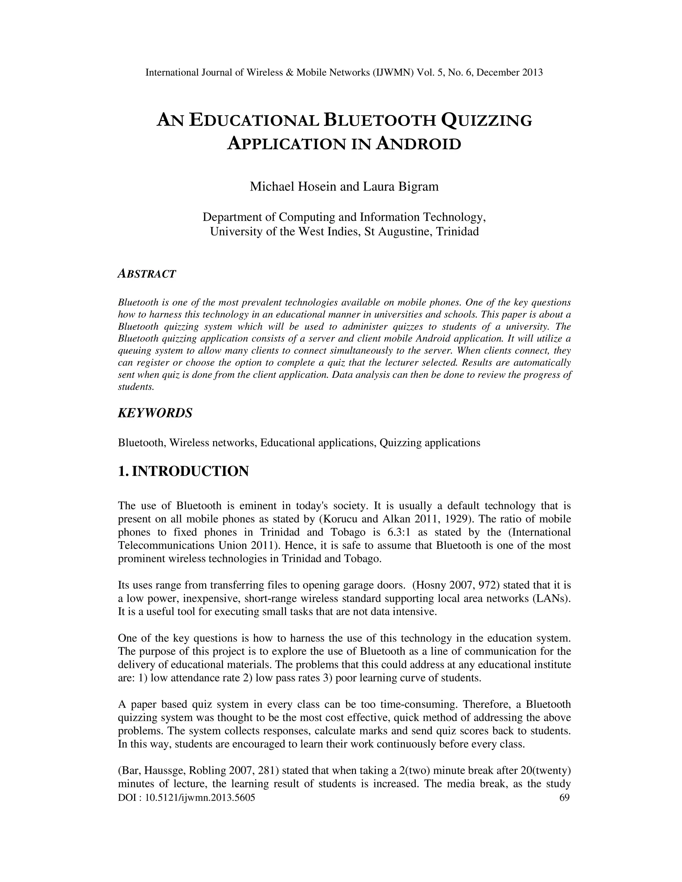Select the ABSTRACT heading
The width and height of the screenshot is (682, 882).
(147, 274)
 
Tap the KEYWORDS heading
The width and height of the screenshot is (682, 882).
(155, 413)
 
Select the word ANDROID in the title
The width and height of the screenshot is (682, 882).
(418, 144)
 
